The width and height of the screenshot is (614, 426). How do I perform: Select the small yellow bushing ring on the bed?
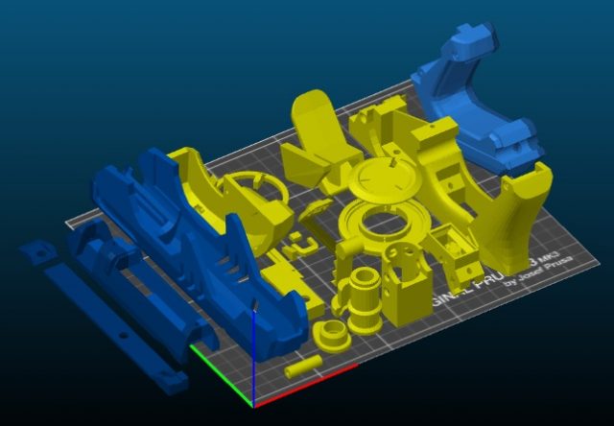(x=331, y=336)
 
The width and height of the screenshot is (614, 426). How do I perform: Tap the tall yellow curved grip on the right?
(x=518, y=210)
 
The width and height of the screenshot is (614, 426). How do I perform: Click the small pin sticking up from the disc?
(x=394, y=165)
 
